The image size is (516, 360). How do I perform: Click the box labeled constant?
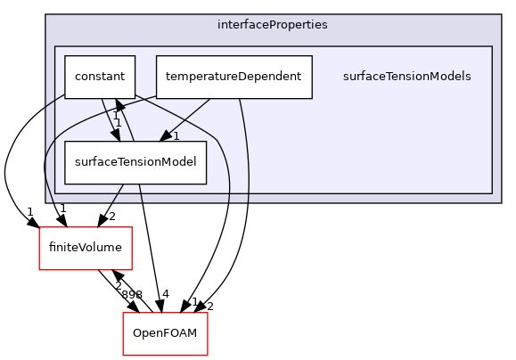99,77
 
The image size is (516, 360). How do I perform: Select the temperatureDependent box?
233,77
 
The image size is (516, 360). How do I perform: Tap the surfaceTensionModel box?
135,162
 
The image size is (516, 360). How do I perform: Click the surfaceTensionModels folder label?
406,77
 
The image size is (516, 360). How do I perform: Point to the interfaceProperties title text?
272,25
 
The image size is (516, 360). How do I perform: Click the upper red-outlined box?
86,248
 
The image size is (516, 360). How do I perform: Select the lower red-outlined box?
165,334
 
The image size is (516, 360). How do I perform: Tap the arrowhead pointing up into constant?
119,106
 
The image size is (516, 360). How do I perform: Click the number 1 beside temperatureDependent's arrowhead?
176,136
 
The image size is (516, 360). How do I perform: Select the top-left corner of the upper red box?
39,227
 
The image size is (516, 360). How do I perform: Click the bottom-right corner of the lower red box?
208,356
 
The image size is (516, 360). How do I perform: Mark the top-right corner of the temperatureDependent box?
312,55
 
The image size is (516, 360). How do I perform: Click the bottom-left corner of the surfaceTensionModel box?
64,184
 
